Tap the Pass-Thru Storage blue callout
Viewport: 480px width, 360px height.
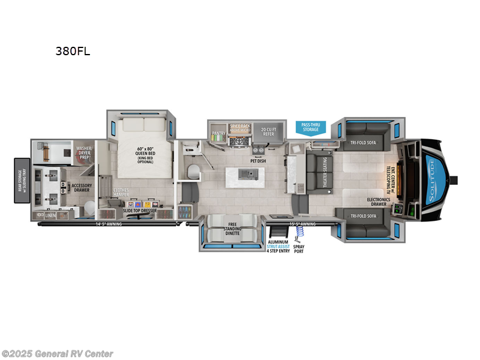(311, 127)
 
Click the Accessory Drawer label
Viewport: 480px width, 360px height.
(82, 188)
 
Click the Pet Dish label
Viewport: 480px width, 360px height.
(259, 161)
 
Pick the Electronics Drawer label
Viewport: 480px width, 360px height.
(379, 202)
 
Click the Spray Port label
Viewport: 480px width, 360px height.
(299, 247)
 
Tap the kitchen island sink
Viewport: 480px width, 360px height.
(245, 174)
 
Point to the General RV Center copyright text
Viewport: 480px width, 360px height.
(58, 354)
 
